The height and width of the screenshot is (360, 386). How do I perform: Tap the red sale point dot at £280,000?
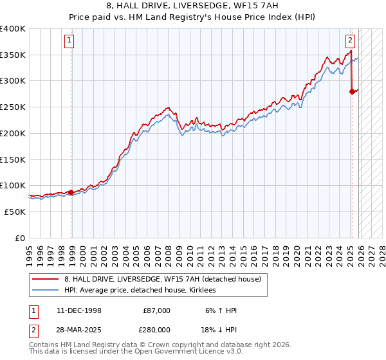click(352, 92)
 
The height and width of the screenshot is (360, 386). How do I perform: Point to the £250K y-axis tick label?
click(13, 107)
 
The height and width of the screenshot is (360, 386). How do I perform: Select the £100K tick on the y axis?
click(13, 186)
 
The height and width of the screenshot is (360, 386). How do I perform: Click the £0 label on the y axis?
click(19, 238)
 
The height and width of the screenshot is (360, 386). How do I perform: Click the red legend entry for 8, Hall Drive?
click(162, 279)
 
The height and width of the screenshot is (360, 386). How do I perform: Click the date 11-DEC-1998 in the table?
click(77, 310)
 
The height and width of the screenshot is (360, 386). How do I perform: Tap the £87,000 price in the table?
click(157, 310)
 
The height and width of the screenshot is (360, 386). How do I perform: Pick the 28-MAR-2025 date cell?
click(77, 330)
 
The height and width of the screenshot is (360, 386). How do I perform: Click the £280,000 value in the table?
click(157, 330)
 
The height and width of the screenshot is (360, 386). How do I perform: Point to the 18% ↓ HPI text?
click(219, 330)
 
